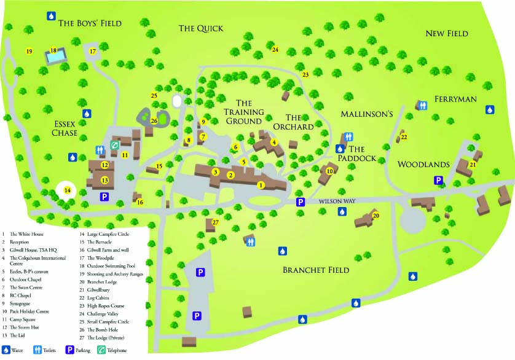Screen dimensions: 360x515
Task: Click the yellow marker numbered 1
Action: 261,185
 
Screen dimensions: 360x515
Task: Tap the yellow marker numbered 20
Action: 376,216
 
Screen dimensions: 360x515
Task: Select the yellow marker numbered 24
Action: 275,49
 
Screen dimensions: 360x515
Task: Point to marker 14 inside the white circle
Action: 68,190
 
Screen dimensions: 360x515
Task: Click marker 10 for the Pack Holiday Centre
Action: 329,171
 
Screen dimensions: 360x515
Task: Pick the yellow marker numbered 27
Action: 215,222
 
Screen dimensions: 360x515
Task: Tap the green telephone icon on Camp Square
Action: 114,145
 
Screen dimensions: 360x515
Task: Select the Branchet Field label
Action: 315,270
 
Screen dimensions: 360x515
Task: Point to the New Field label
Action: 447,33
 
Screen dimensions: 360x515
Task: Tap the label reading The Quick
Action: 201,28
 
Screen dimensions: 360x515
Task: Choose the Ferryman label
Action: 456,98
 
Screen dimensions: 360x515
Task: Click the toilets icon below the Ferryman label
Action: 421,105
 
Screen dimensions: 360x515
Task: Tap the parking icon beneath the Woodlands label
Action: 439,180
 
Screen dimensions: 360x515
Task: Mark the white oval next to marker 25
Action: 178,100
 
